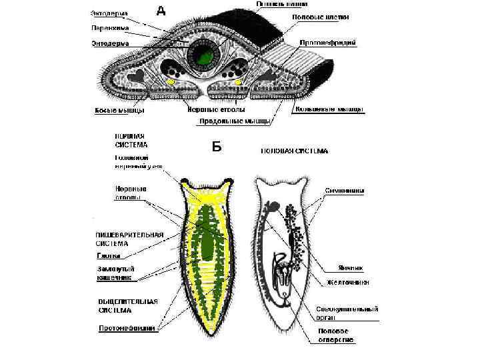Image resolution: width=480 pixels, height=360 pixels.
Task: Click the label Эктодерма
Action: coord(111,13)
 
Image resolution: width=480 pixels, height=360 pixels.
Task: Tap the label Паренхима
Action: coord(111,28)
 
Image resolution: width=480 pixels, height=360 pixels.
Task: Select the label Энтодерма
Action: coord(111,43)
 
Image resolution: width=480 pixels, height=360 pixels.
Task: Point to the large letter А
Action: coord(161,10)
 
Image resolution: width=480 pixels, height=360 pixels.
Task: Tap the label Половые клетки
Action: coord(320,16)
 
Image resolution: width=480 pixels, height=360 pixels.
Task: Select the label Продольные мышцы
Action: coord(235,121)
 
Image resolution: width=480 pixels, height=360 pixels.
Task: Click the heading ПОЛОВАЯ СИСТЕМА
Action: coord(294,151)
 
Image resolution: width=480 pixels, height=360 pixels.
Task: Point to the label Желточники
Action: coord(347,283)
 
